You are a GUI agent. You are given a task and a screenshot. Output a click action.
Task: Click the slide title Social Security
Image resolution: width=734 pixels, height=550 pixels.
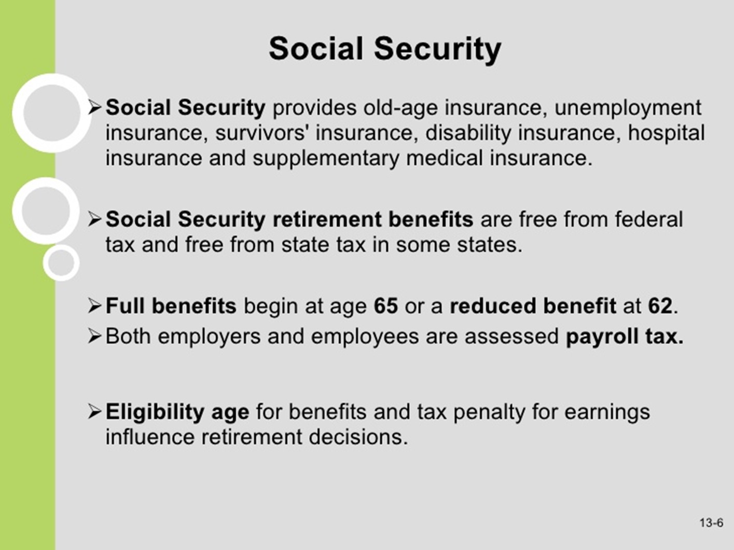[x=385, y=49]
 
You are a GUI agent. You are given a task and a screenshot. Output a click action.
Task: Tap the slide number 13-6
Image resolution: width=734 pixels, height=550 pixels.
[x=712, y=522]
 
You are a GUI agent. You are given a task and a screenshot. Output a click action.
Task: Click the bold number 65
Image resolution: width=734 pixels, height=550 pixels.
[x=386, y=305]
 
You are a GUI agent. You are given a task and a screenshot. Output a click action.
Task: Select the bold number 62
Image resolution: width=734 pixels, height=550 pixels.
[x=660, y=305]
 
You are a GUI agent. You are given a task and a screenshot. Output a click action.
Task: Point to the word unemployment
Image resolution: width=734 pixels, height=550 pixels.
[x=628, y=108]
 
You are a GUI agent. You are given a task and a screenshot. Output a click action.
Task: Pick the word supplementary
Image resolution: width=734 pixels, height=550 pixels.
[x=326, y=159]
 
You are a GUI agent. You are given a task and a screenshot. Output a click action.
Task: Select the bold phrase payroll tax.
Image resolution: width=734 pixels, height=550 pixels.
[x=625, y=336]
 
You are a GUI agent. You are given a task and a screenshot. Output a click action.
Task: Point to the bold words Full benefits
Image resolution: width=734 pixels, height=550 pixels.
[x=171, y=305]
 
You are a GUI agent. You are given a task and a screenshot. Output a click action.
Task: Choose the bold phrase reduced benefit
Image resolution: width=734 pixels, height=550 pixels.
[x=533, y=305]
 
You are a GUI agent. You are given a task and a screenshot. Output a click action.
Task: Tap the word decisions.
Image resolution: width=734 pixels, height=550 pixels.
[x=358, y=437]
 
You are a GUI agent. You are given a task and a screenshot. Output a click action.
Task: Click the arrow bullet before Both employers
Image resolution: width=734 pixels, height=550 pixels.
[x=94, y=336]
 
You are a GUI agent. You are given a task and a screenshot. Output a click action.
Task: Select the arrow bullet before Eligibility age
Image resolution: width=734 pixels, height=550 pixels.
[x=94, y=411]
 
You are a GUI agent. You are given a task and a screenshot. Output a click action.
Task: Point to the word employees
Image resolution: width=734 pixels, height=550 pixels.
[x=365, y=336]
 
